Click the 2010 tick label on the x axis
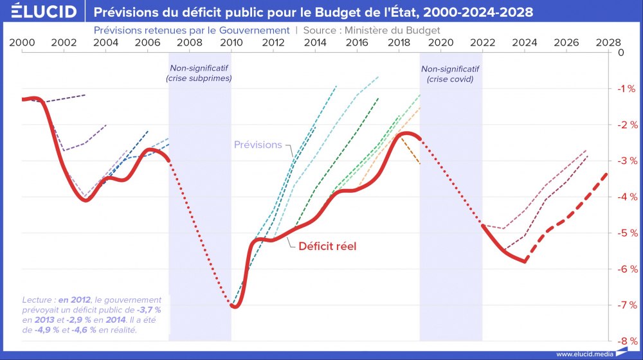231,42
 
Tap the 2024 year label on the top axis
525,42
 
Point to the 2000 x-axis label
23,42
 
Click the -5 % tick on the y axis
625,233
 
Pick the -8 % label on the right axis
625,341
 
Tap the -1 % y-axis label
625,88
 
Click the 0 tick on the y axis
620,52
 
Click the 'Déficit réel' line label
327,246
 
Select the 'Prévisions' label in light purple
258,145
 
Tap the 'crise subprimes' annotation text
199,78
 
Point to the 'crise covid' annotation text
450,79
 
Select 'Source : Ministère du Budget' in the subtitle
372,30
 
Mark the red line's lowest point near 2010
235,307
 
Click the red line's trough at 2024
525,261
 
